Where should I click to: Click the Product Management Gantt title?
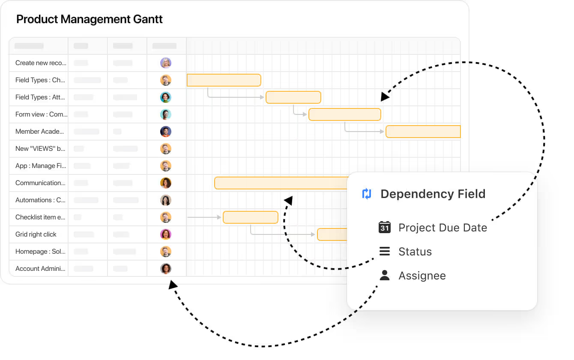[90, 19]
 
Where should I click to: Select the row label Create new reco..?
[41, 63]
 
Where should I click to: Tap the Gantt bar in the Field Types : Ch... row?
[224, 80]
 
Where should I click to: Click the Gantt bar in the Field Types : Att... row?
[293, 97]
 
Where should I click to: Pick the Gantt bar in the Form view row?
[345, 114]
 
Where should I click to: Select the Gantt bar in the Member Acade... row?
[423, 132]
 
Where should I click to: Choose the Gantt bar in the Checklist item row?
[251, 217]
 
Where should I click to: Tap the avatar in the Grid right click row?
[166, 234]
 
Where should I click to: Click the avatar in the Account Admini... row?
[166, 269]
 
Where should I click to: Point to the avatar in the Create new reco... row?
[166, 63]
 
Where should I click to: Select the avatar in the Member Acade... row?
[166, 132]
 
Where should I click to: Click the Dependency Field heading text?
[433, 194]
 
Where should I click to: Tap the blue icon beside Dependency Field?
[367, 194]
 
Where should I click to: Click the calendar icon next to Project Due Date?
[385, 227]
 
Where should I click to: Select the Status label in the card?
[415, 252]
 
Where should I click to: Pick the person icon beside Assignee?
[385, 276]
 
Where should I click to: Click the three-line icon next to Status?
[385, 252]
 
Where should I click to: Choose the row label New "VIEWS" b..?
[40, 149]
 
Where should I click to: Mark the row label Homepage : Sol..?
[40, 252]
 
